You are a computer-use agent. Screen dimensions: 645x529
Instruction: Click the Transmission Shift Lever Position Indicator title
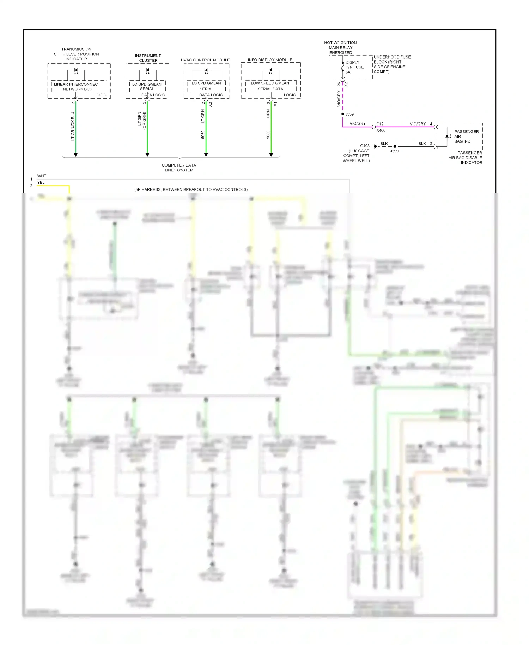point(76,54)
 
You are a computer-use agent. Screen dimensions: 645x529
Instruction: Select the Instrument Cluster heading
point(148,58)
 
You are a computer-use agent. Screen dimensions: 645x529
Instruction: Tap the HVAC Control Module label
point(205,60)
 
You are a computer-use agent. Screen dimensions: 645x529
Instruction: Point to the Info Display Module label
point(270,60)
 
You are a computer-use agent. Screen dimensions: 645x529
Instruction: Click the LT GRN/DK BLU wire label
point(73,126)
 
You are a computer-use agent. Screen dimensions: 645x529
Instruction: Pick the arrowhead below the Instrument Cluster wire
point(147,155)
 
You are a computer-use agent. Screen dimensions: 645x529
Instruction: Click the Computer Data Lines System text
point(179,168)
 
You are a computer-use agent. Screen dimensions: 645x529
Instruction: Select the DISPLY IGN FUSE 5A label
point(354,67)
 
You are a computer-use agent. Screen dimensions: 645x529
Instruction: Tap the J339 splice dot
point(343,114)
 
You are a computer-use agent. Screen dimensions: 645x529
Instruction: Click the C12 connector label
point(380,124)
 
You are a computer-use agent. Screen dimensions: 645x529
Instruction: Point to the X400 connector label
point(381,131)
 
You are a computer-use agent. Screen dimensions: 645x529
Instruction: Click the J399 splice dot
point(395,146)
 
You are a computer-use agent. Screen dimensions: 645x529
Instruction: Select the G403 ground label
point(365,146)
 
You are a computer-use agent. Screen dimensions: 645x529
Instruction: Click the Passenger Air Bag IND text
point(466,137)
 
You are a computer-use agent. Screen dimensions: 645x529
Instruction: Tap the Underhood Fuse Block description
point(392,64)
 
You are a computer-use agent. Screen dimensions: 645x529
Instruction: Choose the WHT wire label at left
point(42,176)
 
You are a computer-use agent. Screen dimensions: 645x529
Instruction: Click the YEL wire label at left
point(41,183)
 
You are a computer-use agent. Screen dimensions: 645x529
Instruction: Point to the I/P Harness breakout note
point(191,189)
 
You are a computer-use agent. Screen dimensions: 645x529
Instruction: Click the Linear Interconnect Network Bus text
point(77,86)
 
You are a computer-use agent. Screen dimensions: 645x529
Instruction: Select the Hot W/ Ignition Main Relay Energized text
point(340,48)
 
